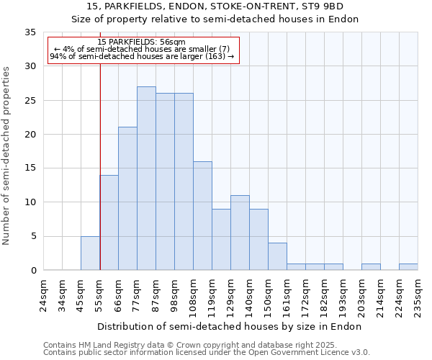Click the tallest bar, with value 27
[x=146, y=179]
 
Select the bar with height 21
[x=127, y=199]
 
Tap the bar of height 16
[x=202, y=216]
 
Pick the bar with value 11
[x=240, y=233]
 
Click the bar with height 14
[x=109, y=222]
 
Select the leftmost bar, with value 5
[x=90, y=253]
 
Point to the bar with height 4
[x=277, y=256]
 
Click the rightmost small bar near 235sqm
[x=408, y=267]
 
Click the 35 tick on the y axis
[x=30, y=32]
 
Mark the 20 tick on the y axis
[x=30, y=135]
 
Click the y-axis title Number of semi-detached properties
[x=7, y=156]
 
